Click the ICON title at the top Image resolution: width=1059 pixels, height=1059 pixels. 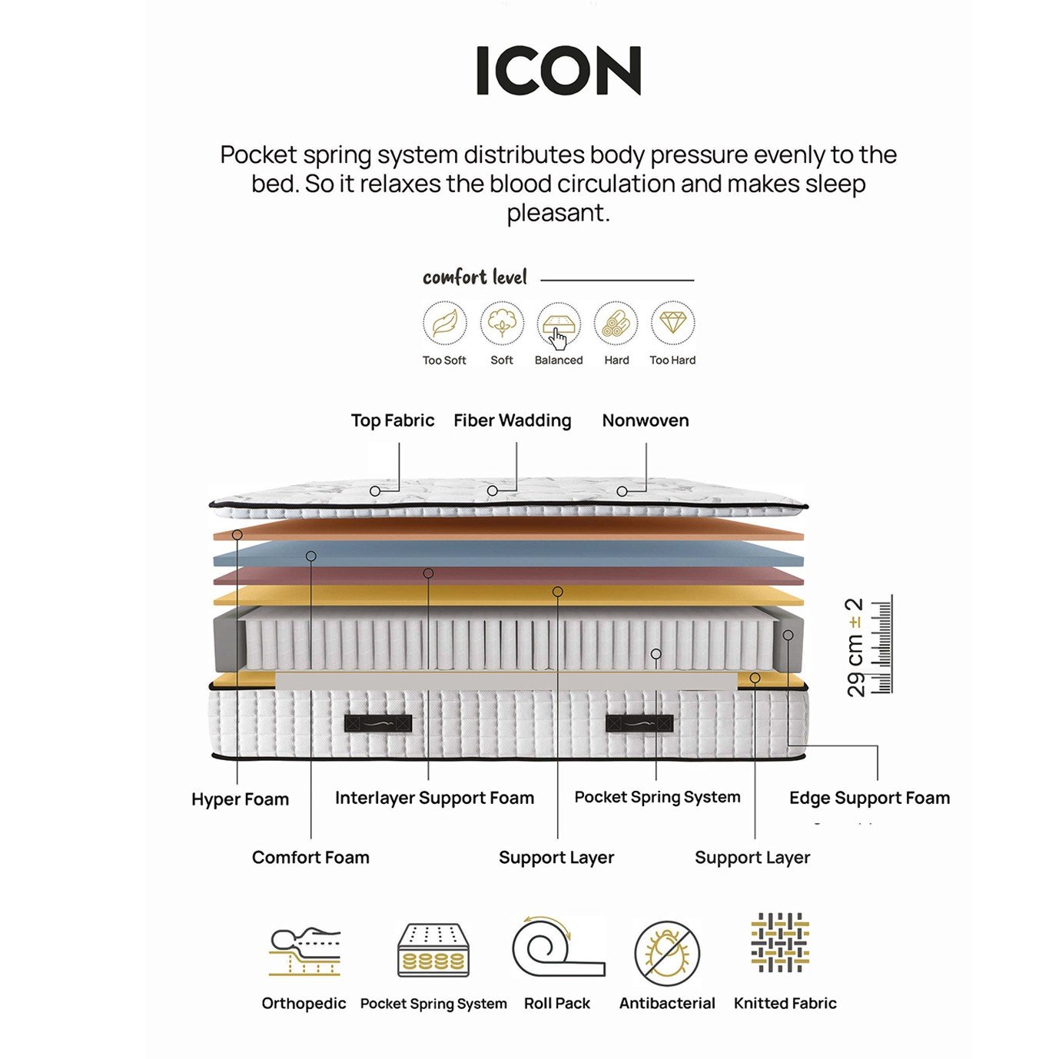(x=558, y=71)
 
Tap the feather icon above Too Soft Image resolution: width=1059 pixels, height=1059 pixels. (x=445, y=324)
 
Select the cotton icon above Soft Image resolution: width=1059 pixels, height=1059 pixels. (x=502, y=324)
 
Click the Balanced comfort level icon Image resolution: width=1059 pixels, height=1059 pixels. (x=559, y=325)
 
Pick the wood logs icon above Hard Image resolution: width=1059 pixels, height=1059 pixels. (x=616, y=324)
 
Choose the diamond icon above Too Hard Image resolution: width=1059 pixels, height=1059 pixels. (x=672, y=324)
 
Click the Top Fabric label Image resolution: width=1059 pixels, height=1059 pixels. (x=393, y=420)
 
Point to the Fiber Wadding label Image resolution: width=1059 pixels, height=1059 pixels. (x=512, y=420)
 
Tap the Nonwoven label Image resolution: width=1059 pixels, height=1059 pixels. (x=646, y=420)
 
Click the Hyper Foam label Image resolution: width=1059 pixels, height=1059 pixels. (x=240, y=799)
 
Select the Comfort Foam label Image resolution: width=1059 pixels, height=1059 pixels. (x=310, y=858)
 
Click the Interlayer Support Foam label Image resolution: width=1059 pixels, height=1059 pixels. (x=434, y=798)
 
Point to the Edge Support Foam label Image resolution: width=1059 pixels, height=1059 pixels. (x=869, y=798)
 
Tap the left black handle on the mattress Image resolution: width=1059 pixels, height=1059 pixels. (x=378, y=723)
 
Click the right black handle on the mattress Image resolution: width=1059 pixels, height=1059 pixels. (x=639, y=723)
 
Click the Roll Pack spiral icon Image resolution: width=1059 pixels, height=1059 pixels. (x=557, y=947)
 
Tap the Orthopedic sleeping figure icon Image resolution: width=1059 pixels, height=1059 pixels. (x=304, y=952)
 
